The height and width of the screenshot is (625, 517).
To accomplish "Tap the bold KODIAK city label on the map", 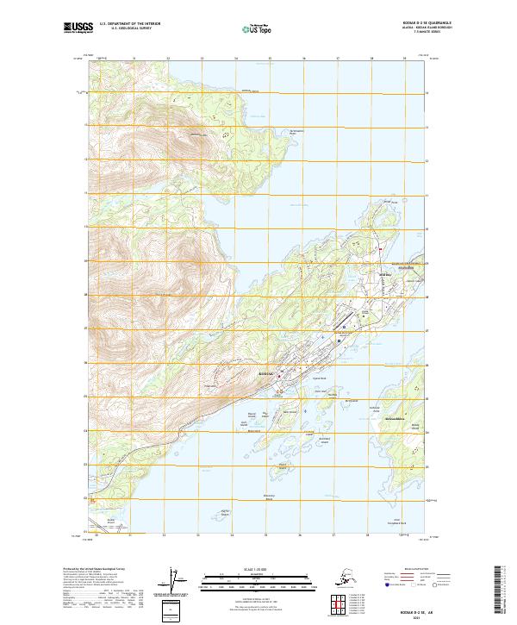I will coord(266,374).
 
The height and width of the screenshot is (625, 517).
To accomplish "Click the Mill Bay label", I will coord(385,275).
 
